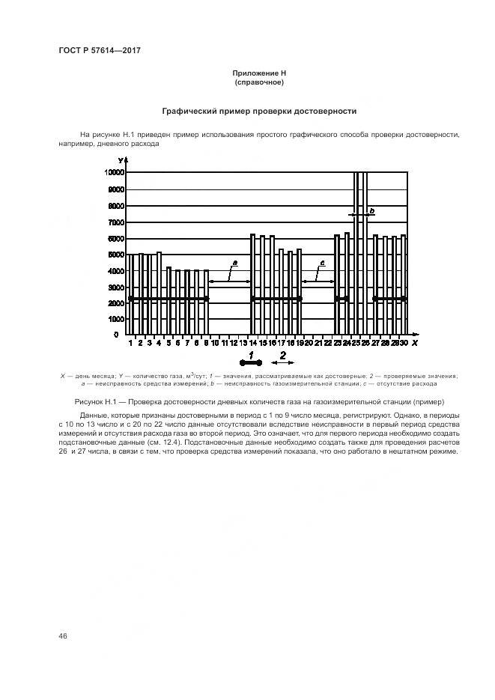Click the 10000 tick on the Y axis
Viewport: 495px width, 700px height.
114,172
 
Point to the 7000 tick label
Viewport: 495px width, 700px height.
116,222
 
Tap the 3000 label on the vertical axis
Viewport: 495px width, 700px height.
116,287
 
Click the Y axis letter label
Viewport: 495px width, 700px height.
121,160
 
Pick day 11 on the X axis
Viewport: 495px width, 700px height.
224,343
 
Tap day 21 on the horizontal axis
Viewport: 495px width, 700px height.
318,343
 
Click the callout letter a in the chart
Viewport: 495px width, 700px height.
234,264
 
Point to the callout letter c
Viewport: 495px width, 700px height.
322,264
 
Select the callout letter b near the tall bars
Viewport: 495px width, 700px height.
371,212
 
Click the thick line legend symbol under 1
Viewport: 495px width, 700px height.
251,363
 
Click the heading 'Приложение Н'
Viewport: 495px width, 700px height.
260,73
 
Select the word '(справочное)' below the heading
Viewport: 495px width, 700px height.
260,82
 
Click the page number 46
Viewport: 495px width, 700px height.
63,636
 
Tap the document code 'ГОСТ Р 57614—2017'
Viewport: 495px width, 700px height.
100,50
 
